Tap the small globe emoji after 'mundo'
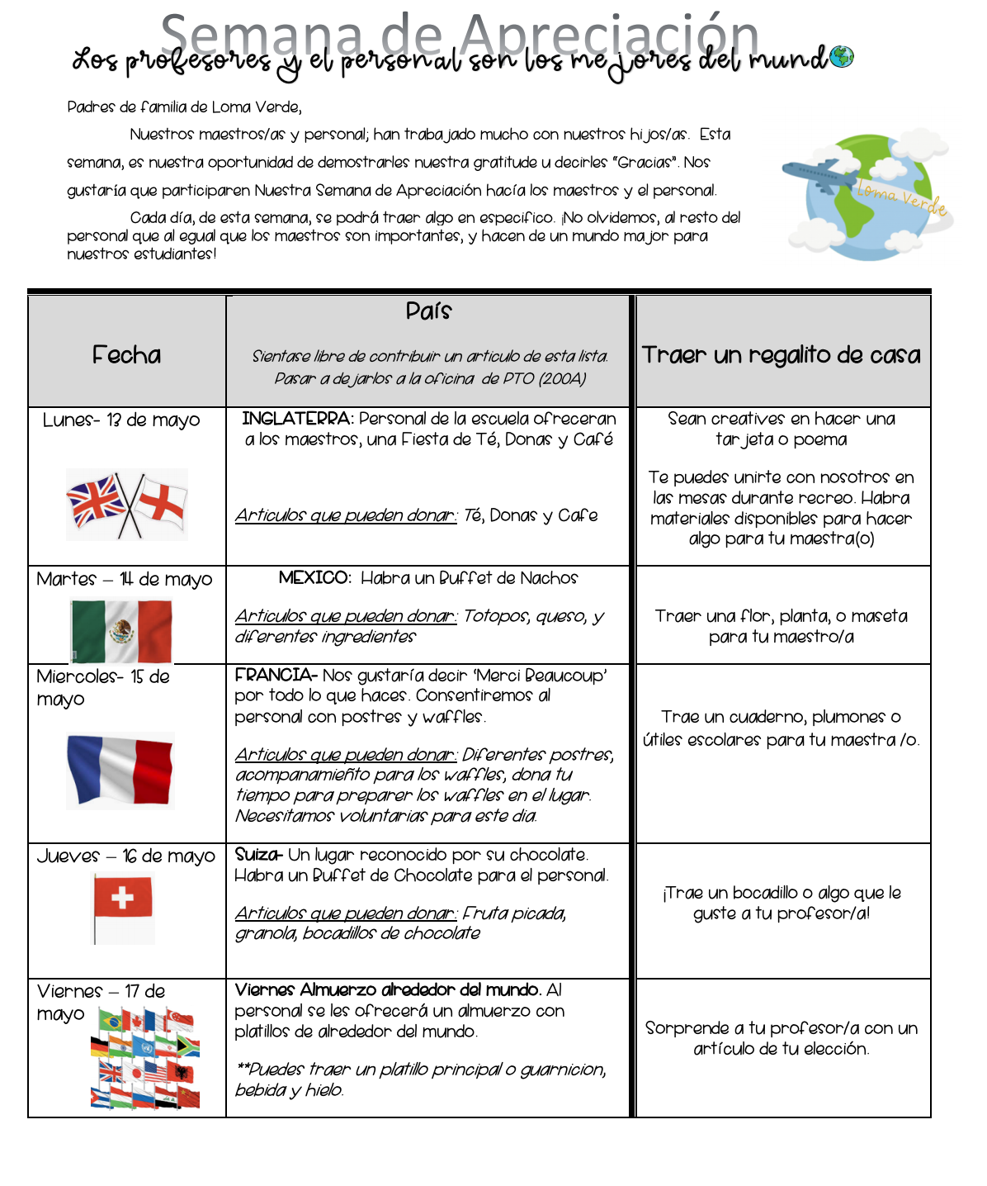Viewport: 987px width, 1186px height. pyautogui.click(x=842, y=57)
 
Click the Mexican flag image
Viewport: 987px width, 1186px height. pyautogui.click(x=121, y=631)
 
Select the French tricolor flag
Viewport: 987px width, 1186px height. pyautogui.click(x=120, y=770)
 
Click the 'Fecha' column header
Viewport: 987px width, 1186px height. pyautogui.click(x=126, y=355)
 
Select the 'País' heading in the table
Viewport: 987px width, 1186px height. pyautogui.click(x=428, y=311)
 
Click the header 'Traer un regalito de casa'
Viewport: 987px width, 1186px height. pyautogui.click(x=781, y=355)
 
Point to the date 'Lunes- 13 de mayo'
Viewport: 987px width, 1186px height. pyautogui.click(x=121, y=420)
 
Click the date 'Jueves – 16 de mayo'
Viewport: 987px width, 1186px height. pyautogui.click(x=125, y=856)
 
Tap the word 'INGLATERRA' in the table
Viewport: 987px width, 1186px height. pyautogui.click(x=297, y=419)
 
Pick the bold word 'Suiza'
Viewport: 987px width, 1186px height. pyautogui.click(x=258, y=855)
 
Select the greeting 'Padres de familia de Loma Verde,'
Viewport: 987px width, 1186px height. pyautogui.click(x=185, y=107)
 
